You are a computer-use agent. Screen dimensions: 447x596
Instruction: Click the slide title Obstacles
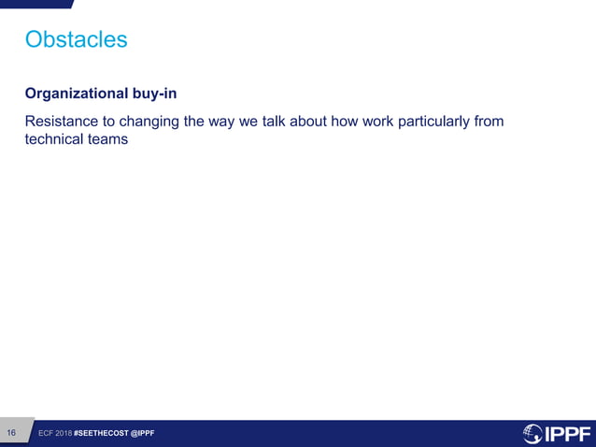tap(76, 39)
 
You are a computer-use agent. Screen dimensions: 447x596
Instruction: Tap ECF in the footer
tap(46, 433)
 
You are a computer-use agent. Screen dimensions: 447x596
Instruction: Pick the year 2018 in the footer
tap(64, 433)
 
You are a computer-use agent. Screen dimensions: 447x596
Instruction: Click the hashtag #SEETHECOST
tap(101, 433)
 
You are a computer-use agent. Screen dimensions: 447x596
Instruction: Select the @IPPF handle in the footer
tap(143, 433)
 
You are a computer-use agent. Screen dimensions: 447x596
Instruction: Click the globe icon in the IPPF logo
tap(532, 433)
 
